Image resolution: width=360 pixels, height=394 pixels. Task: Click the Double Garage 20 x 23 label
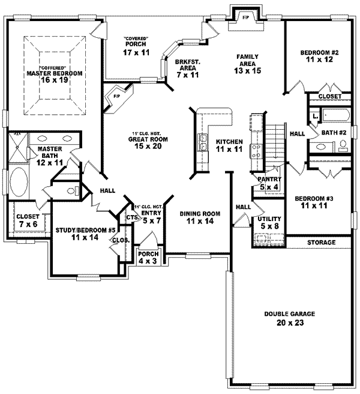coord(289,319)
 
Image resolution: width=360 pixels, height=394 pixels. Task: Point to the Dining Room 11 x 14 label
coord(200,217)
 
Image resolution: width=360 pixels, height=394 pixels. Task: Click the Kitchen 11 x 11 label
coord(229,145)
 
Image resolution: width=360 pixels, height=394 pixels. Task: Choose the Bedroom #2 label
coord(320,56)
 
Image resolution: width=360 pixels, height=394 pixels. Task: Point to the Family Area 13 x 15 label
coord(247,64)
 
